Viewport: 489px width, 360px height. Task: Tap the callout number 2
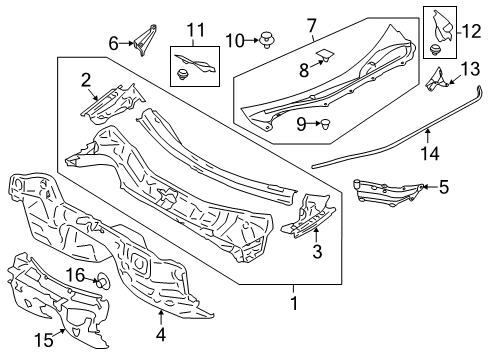coord(87,79)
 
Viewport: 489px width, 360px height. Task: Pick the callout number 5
coord(444,186)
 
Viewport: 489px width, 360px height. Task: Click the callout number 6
coord(113,42)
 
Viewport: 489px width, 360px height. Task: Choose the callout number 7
coord(311,23)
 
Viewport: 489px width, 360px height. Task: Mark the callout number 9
coord(301,123)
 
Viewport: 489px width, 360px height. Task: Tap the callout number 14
coord(431,154)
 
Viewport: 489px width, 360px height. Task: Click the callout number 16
coord(75,274)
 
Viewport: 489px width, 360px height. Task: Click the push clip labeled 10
coord(266,41)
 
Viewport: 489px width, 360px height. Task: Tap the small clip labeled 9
coord(327,124)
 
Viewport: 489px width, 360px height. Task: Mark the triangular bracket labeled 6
coord(144,41)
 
